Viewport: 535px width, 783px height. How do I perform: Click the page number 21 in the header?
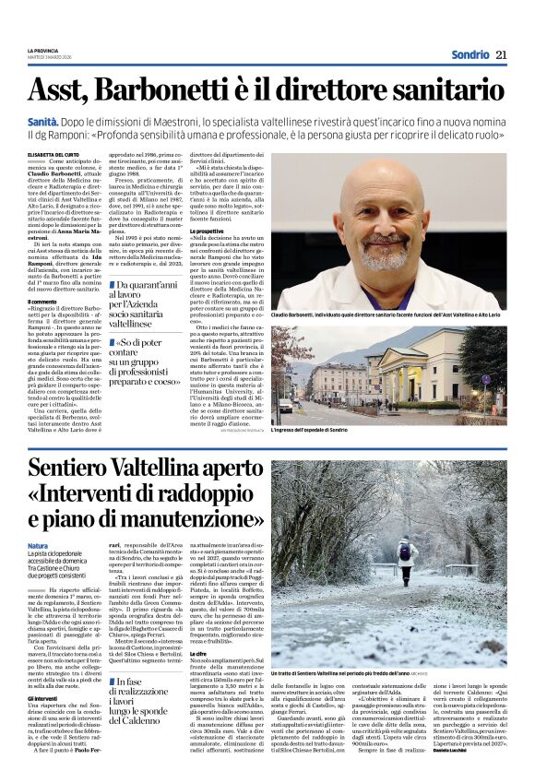[501, 54]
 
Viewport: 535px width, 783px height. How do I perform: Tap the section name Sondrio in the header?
[470, 54]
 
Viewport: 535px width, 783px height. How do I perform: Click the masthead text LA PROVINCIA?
[43, 50]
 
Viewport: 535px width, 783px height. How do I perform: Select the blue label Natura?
[38, 546]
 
